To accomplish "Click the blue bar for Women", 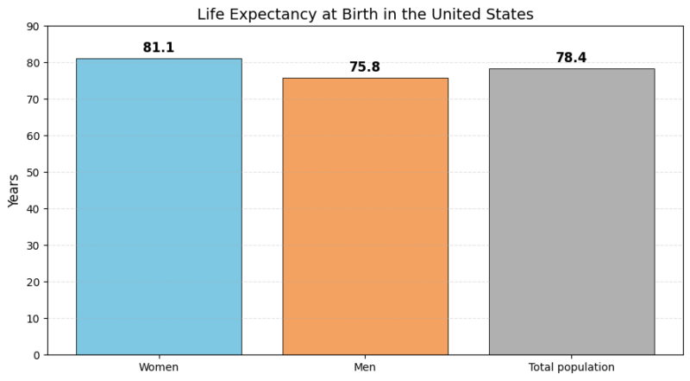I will [x=159, y=206].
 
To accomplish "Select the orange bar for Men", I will [x=365, y=216].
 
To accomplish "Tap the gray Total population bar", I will [x=571, y=212].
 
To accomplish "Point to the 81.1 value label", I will [x=159, y=48].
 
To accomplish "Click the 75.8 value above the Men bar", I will [x=365, y=67].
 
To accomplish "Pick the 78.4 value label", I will [x=571, y=58].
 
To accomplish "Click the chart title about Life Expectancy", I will [x=365, y=14].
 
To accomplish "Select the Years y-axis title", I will [x=14, y=190].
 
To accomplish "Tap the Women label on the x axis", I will [x=159, y=367].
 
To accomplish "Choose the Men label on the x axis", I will [x=365, y=367].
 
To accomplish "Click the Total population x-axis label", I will [x=571, y=367].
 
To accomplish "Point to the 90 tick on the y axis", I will [x=33, y=27].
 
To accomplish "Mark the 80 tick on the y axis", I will [x=33, y=63].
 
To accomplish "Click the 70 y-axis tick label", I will [x=33, y=99].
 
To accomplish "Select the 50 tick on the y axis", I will [x=33, y=173].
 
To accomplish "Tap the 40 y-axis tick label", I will [x=33, y=209].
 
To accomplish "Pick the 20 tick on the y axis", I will [x=33, y=283].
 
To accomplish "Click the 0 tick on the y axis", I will [x=36, y=355].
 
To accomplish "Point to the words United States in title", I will [x=490, y=14].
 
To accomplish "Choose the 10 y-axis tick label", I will [x=33, y=319].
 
